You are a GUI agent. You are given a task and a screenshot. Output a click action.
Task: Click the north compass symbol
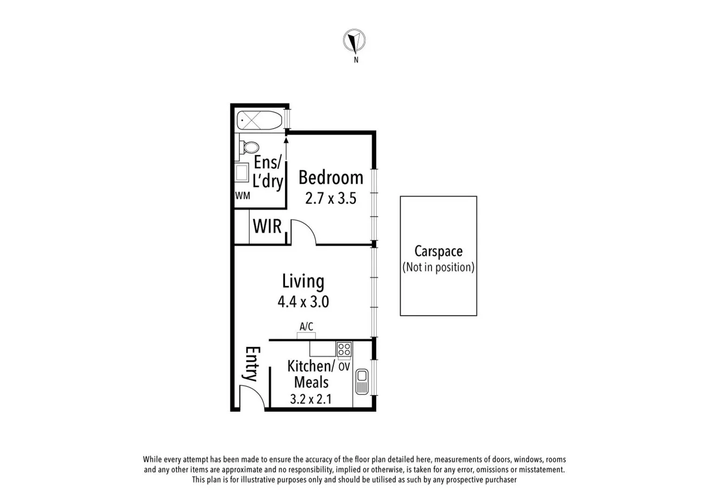(x=354, y=41)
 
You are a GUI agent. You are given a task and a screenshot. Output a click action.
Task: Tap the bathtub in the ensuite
(x=259, y=121)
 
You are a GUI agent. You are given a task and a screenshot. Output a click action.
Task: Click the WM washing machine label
(x=242, y=196)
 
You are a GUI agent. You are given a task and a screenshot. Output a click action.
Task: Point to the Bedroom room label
(x=330, y=178)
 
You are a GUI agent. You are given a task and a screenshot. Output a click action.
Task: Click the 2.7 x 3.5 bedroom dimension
(x=330, y=199)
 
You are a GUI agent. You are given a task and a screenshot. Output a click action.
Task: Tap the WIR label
(x=267, y=226)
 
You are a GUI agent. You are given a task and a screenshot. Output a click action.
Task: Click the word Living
(x=303, y=281)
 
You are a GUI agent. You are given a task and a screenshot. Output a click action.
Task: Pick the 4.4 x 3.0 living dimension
(x=303, y=302)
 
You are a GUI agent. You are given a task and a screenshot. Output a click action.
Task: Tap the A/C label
(x=306, y=327)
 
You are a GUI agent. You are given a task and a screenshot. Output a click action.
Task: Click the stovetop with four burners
(x=344, y=349)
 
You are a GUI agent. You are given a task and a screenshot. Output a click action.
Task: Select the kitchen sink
(x=362, y=381)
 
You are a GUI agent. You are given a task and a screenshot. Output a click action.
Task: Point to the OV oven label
(x=344, y=366)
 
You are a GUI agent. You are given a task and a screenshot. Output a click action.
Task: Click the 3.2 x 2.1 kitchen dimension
(x=310, y=399)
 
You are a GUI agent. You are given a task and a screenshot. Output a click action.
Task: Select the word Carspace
(x=438, y=251)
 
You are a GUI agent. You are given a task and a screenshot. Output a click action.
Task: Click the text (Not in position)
(x=438, y=267)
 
